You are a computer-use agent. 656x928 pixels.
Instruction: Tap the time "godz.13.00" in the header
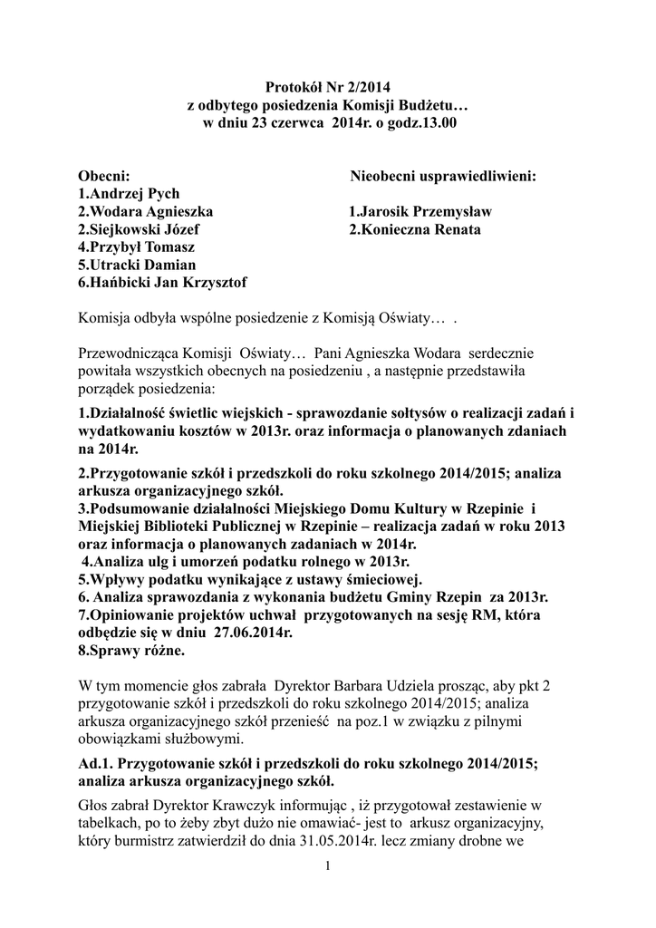coord(425,122)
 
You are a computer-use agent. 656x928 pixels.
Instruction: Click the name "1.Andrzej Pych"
coord(129,193)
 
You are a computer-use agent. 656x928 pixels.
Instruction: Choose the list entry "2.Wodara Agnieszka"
coord(146,211)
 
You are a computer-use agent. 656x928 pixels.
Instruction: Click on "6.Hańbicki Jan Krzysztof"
coord(162,283)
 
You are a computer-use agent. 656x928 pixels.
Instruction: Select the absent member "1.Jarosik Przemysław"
coord(420,211)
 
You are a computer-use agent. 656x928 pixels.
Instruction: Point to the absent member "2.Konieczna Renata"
coord(416,229)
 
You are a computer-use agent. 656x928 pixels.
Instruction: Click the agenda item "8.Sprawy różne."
coord(130,650)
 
